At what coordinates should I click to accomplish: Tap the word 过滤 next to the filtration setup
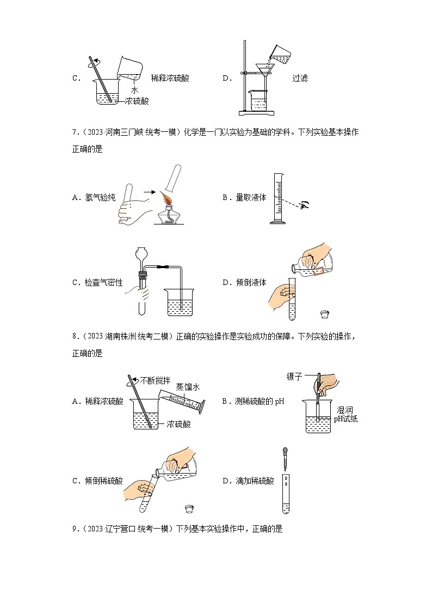(300, 78)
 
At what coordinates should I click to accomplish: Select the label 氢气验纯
(101, 198)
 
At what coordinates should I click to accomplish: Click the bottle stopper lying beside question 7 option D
(325, 314)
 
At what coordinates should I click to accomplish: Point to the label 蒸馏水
(188, 387)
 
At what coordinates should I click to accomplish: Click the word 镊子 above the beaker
(294, 376)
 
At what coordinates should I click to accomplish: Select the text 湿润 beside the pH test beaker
(345, 410)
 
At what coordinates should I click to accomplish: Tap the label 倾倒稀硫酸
(104, 481)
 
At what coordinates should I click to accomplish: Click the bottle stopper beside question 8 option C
(189, 509)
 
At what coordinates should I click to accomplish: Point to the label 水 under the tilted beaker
(134, 90)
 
